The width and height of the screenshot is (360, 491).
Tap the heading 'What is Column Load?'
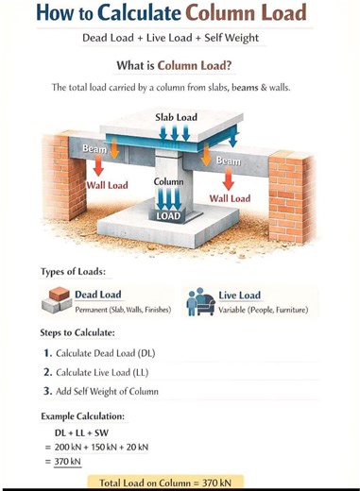pos(180,66)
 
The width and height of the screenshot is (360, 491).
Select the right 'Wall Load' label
pos(230,198)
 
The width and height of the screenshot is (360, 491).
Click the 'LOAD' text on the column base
pos(168,215)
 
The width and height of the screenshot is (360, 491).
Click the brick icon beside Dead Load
pos(57,301)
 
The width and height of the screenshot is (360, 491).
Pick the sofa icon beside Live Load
pos(198,301)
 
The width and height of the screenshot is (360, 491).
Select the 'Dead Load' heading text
pos(98,295)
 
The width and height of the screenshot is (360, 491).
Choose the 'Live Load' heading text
pos(239,296)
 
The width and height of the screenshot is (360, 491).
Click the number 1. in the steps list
pos(47,353)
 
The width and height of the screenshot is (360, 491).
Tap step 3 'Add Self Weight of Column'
pos(107,391)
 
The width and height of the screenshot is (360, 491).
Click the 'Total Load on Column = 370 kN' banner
pos(171,483)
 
